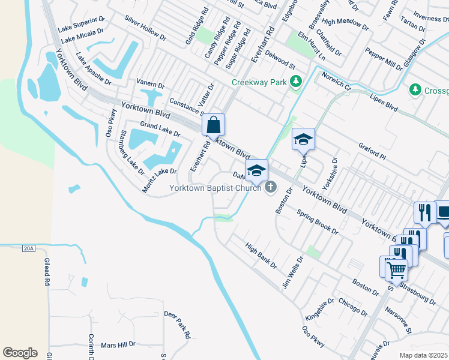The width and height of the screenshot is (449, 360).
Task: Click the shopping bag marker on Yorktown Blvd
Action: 214,125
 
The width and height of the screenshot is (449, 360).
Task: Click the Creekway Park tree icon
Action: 295,82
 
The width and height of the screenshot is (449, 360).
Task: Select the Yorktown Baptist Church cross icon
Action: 271,188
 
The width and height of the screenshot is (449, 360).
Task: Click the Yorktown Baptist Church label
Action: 215,188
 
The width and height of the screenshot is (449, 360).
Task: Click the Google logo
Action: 20,353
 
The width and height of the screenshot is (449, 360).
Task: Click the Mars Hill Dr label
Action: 118,345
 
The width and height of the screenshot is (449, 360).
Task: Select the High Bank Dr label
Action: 261,255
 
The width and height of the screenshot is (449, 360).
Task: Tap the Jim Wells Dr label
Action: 293,270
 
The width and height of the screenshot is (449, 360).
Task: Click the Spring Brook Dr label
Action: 318,221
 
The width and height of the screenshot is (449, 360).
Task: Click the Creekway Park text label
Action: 259,82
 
